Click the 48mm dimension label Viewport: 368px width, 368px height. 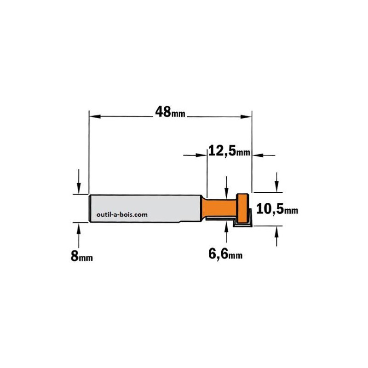pyautogui.click(x=170, y=112)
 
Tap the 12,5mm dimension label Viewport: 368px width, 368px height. pyautogui.click(x=229, y=151)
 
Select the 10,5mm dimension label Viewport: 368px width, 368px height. pyautogui.click(x=277, y=209)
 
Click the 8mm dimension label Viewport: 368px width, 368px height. pyautogui.click(x=82, y=256)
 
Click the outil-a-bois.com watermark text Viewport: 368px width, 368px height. pyautogui.click(x=122, y=214)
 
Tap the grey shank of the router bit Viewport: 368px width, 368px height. pyautogui.click(x=145, y=208)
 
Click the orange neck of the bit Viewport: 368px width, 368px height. pyautogui.click(x=219, y=208)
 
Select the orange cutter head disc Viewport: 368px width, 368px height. pyautogui.click(x=242, y=208)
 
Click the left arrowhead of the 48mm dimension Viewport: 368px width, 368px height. pyautogui.click(x=95, y=116)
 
